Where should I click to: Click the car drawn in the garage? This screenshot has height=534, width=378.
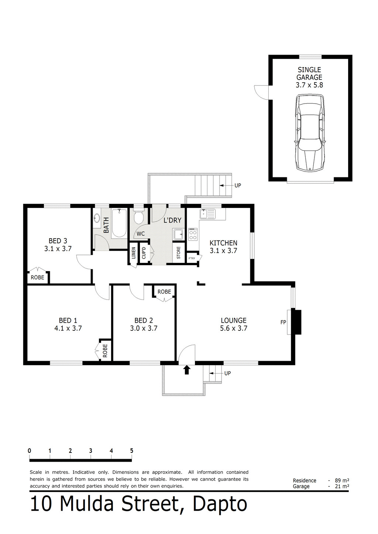[x=310, y=133]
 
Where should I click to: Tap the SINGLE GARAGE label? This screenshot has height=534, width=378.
[x=309, y=73]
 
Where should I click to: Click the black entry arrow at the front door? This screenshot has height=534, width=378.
[x=186, y=370]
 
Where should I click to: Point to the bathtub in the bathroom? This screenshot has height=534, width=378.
[x=119, y=223]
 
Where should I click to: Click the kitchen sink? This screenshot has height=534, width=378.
[x=208, y=214]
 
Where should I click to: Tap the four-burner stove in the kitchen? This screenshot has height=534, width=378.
[x=193, y=234]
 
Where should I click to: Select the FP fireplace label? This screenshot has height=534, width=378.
[x=283, y=322]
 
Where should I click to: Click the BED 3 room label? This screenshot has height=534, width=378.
[x=58, y=241]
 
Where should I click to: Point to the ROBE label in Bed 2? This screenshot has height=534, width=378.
[x=164, y=292]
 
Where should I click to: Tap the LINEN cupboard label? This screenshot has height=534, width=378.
[x=134, y=253]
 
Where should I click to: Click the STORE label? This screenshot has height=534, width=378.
[x=179, y=253]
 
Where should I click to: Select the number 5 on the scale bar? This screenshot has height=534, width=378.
[x=131, y=451]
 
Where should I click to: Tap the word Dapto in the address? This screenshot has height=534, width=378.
[x=220, y=504]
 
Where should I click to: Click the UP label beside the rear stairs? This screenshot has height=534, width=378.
[x=238, y=185]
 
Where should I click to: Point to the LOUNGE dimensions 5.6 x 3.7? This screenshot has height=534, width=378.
[x=234, y=328]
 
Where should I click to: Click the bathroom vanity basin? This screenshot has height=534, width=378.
[x=97, y=218]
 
